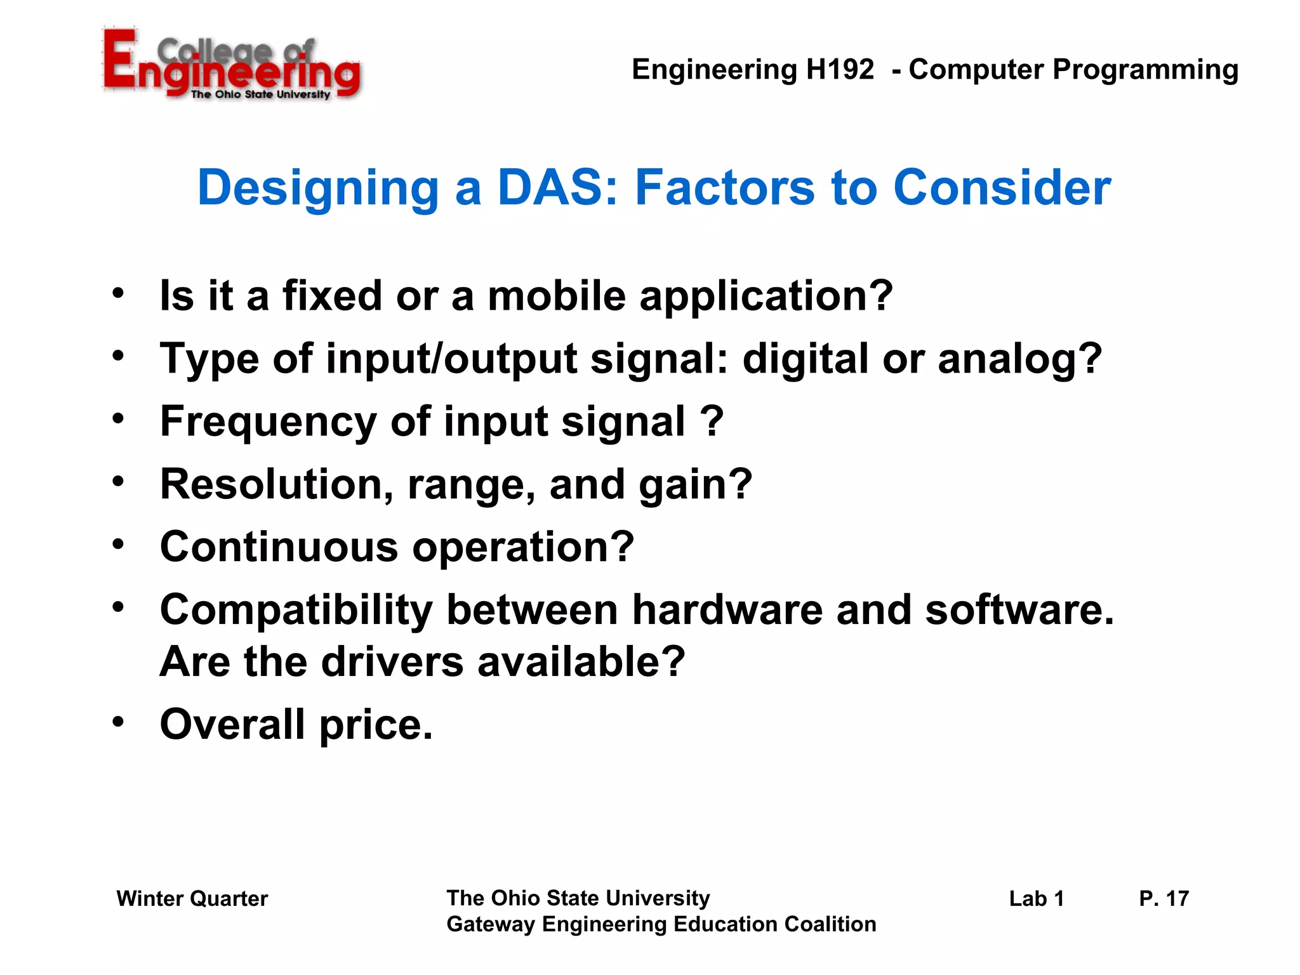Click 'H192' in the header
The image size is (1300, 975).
839,69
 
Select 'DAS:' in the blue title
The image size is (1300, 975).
557,188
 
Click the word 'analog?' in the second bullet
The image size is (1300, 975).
1019,359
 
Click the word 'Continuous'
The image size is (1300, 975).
279,547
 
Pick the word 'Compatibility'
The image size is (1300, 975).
296,611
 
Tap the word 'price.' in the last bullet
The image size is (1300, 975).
376,725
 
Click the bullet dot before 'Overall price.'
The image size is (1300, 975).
118,722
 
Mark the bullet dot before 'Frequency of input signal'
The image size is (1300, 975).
118,419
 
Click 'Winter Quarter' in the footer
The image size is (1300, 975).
192,899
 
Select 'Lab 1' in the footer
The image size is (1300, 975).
1036,899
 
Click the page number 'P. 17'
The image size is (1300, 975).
1163,899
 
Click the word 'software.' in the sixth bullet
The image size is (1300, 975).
1019,611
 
